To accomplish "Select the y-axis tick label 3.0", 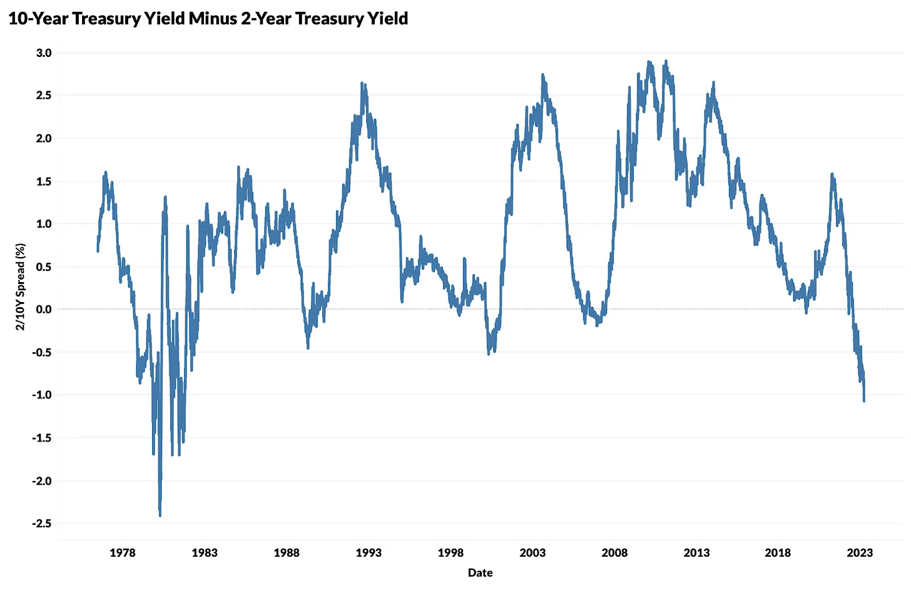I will click(44, 53).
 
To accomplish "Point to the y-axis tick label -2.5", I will click(42, 524).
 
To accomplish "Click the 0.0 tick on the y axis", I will click(44, 310).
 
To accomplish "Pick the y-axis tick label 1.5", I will click(44, 181).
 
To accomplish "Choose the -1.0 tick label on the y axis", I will click(42, 395).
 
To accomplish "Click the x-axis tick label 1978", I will click(123, 553).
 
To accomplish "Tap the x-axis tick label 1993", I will click(369, 553).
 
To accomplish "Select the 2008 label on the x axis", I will click(614, 553).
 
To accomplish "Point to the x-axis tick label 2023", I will click(860, 553).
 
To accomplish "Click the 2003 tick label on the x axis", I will click(532, 553).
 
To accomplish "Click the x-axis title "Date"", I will click(480, 573).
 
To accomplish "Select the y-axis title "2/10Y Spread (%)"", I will click(21, 287).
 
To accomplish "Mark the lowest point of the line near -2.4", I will click(160, 515).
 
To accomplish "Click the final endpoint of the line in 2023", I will click(864, 400).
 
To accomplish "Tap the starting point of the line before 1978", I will click(98, 251).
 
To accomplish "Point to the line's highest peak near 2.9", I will click(666, 61).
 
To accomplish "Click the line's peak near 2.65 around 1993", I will click(362, 83).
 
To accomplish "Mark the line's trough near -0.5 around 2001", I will click(489, 354).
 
